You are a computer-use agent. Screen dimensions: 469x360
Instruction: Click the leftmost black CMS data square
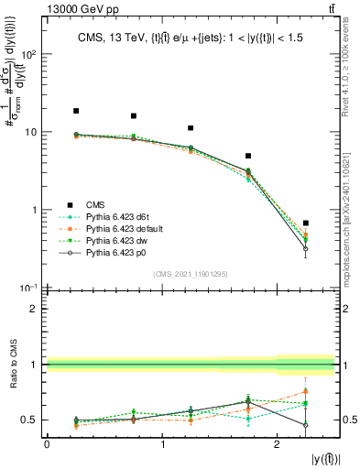tap(76, 111)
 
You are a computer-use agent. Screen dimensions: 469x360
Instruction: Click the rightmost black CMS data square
tap(306, 223)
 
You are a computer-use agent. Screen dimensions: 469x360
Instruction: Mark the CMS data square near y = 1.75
tap(248, 156)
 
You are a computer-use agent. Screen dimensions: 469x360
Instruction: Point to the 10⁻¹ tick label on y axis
tap(27, 288)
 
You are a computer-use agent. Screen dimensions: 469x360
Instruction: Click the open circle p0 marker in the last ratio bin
tap(306, 425)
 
